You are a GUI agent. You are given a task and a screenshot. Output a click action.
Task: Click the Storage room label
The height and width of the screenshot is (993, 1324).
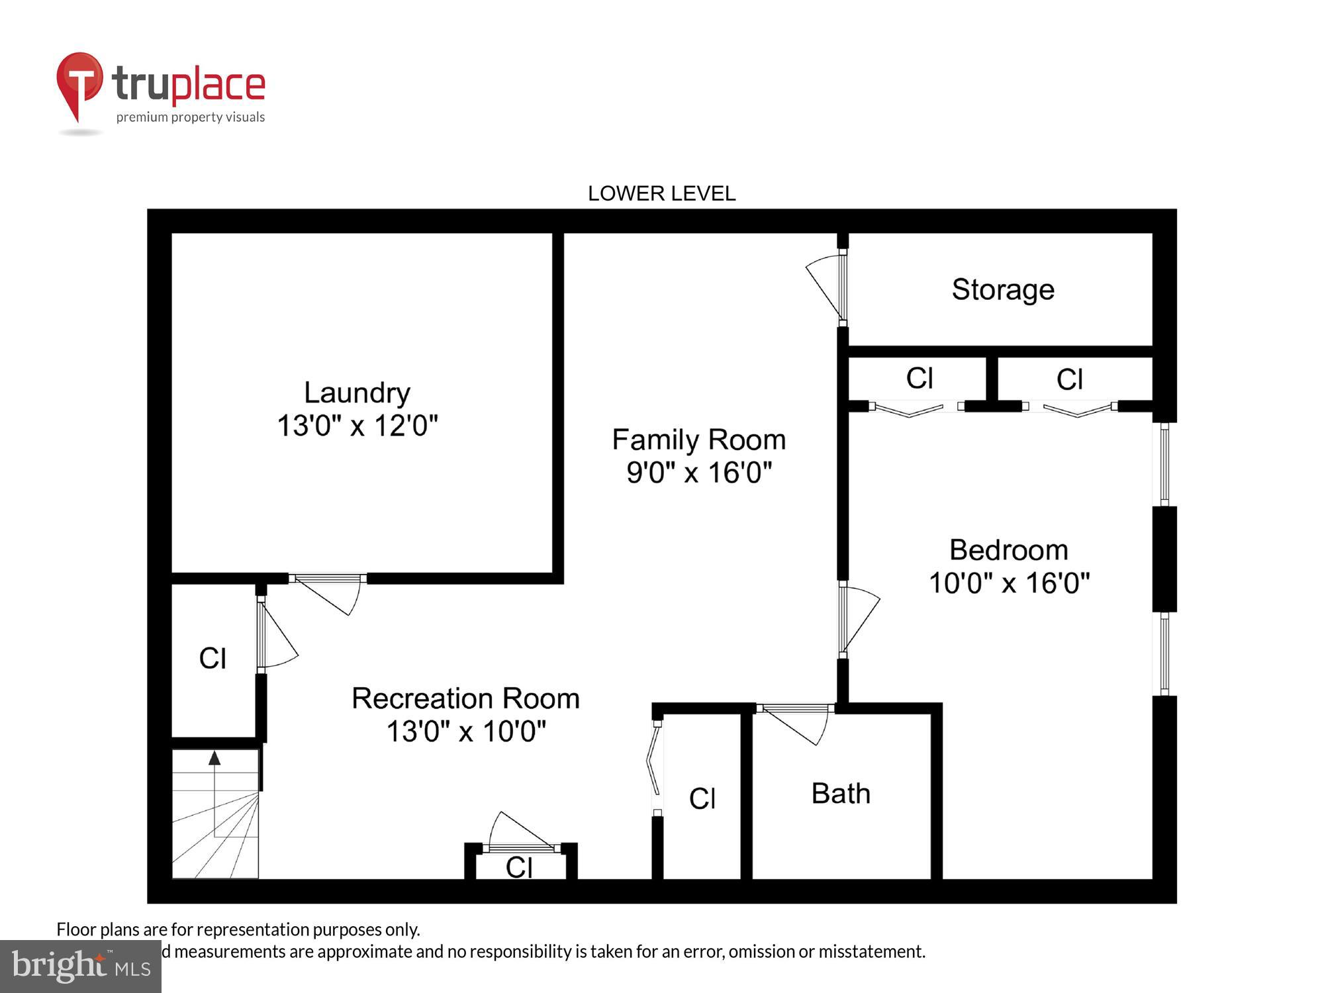click(x=1002, y=290)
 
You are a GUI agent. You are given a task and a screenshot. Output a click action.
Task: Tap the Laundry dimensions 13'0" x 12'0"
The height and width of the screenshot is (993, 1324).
click(x=357, y=426)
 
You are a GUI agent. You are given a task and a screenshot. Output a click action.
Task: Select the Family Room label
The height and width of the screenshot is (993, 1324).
click(x=698, y=440)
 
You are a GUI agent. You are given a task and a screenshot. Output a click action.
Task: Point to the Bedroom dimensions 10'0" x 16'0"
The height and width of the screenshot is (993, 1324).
click(x=1009, y=583)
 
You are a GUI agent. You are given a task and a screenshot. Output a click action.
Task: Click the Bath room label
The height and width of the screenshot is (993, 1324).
click(x=841, y=794)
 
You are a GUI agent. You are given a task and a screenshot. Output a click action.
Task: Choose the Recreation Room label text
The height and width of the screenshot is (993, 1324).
click(x=465, y=698)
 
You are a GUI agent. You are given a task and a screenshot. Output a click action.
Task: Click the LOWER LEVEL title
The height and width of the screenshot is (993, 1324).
click(x=661, y=193)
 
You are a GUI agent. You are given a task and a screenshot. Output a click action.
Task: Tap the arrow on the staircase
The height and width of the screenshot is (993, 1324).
click(x=214, y=759)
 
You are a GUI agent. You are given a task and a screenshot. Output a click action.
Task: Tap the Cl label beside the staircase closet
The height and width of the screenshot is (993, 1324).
click(x=213, y=659)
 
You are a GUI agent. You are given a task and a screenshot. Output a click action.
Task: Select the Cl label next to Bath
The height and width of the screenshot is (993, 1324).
click(x=702, y=798)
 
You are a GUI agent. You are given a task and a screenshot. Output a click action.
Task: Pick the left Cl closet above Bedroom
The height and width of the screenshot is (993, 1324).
click(x=919, y=379)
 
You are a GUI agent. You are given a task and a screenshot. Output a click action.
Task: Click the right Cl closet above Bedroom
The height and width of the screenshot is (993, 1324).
click(x=1069, y=380)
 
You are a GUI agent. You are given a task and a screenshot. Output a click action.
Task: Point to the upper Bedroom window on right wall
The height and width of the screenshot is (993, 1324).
click(x=1164, y=464)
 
